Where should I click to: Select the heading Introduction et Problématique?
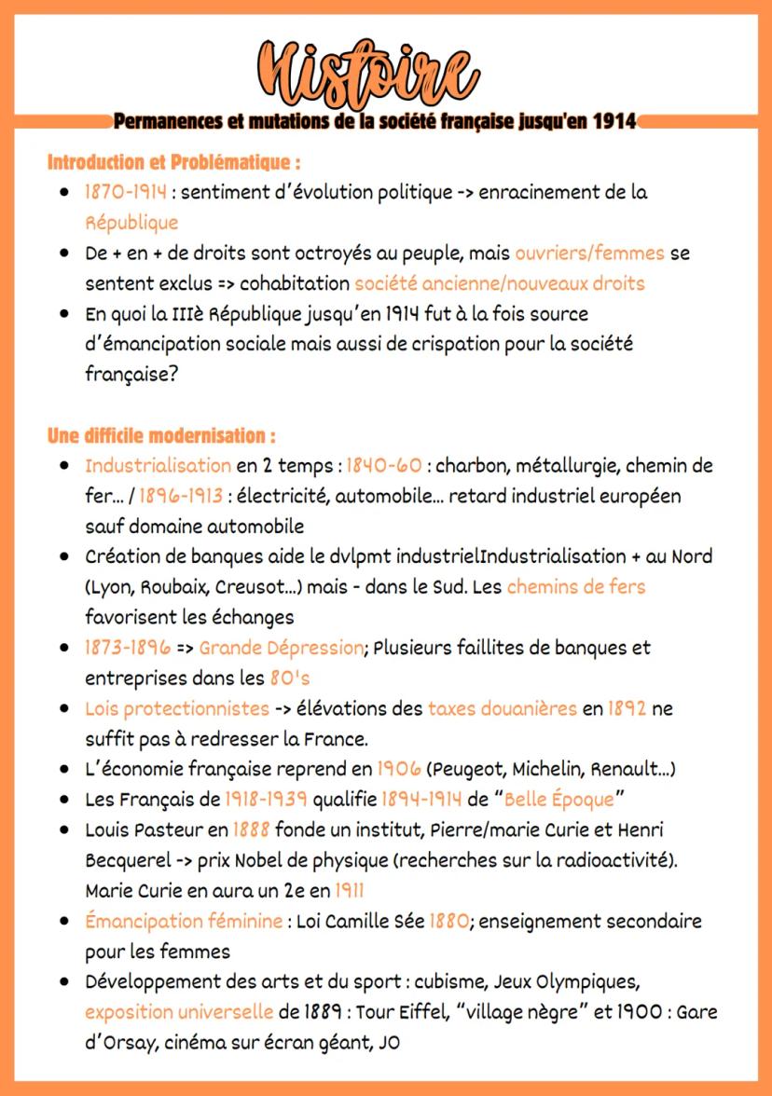(173, 162)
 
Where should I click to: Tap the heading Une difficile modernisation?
(161, 435)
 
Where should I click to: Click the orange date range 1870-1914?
(126, 193)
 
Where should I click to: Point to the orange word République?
(131, 223)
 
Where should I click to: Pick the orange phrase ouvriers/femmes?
(589, 253)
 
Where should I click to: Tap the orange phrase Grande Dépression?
(281, 647)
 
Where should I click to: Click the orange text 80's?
(289, 678)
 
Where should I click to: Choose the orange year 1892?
(627, 708)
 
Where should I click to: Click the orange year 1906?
(398, 769)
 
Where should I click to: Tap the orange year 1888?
(251, 829)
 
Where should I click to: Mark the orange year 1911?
(350, 890)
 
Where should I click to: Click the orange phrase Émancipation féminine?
(184, 921)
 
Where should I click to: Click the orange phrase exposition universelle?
(178, 1012)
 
